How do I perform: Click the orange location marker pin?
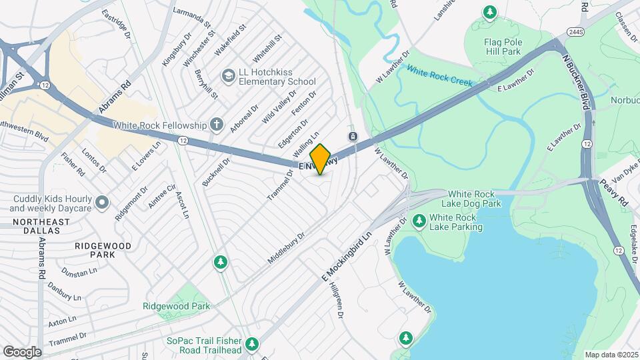(321, 159)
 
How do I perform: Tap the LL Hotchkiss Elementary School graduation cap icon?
(229, 77)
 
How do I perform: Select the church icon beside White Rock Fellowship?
(215, 125)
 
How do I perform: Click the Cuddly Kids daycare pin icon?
(101, 201)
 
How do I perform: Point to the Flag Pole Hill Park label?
(492, 47)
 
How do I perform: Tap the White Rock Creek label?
(439, 77)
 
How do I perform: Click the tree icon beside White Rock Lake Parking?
(419, 221)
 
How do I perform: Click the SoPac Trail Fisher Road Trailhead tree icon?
(251, 344)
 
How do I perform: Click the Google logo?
(22, 351)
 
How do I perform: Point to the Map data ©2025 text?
(611, 355)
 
